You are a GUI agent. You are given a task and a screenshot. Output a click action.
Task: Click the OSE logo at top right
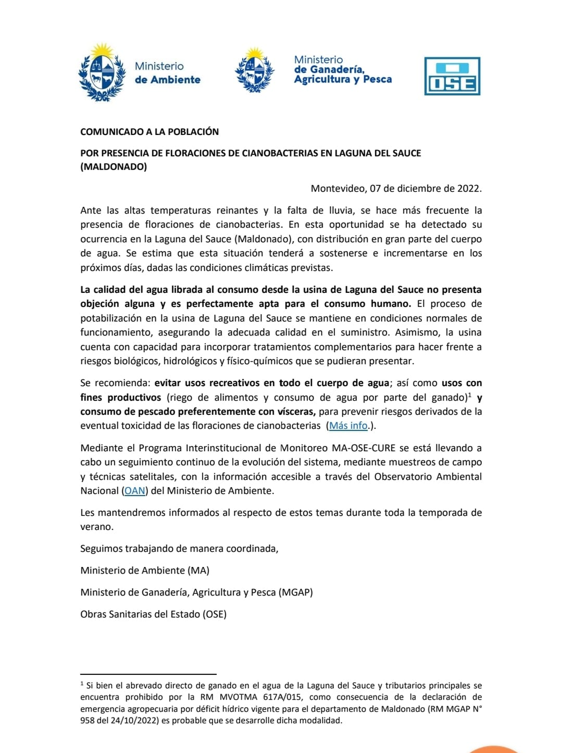click(452, 76)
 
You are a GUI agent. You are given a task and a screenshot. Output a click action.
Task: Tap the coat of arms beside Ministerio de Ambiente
click(102, 72)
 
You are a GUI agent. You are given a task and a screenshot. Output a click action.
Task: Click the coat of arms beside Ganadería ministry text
click(254, 70)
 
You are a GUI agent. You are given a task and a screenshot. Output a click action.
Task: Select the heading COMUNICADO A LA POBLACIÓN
click(149, 132)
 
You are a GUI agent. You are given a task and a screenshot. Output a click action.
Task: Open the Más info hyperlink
click(348, 425)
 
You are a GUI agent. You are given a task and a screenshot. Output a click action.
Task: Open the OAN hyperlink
click(134, 491)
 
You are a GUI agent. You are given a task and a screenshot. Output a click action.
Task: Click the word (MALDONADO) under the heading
click(113, 167)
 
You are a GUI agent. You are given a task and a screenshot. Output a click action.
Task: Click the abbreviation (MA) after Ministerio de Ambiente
click(198, 570)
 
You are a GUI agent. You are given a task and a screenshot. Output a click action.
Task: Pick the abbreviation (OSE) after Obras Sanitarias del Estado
click(214, 614)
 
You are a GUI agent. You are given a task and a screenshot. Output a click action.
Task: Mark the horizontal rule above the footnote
click(148, 674)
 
